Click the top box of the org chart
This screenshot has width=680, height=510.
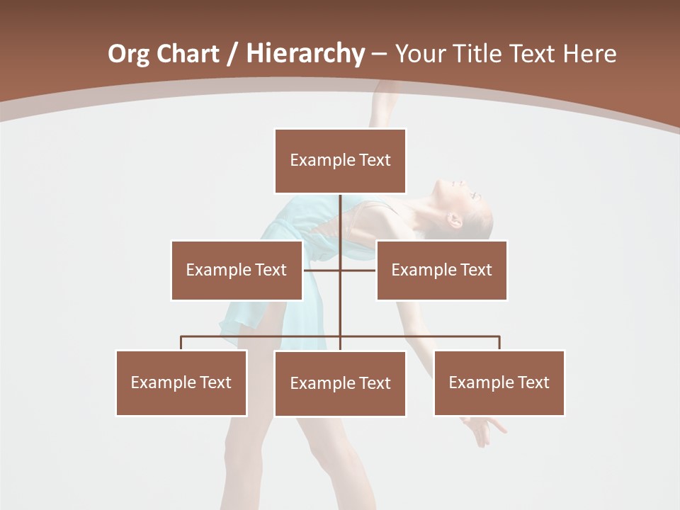(x=340, y=161)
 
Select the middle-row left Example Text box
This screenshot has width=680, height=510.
(x=237, y=270)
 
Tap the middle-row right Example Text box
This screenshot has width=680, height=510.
(x=441, y=270)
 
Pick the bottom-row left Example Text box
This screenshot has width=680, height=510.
(x=181, y=382)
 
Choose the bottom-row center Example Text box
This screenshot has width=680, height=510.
(x=340, y=383)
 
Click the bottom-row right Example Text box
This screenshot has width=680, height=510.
(x=499, y=382)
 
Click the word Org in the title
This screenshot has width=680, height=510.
(x=128, y=54)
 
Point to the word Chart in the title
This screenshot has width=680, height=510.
(x=187, y=54)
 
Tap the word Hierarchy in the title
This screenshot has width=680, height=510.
(x=305, y=54)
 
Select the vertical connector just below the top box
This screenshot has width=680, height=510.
(x=340, y=212)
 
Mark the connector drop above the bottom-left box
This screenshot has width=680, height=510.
(x=181, y=343)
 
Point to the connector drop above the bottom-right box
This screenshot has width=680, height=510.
(x=499, y=343)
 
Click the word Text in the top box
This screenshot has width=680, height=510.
(x=375, y=161)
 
